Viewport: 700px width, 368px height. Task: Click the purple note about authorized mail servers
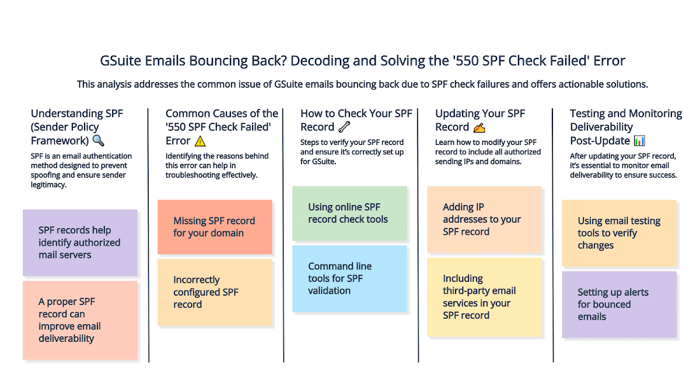pos(80,242)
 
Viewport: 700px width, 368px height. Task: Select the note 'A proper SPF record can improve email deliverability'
pos(80,320)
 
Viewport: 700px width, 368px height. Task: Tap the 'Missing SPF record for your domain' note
pos(215,227)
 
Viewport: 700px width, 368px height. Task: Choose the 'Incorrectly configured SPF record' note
pos(215,292)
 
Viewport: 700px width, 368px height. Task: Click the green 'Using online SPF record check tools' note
pos(349,213)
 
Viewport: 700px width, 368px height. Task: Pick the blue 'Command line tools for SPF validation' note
pos(349,278)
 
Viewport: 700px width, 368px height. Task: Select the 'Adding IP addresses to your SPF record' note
pos(484,219)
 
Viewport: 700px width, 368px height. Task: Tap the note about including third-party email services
pos(484,297)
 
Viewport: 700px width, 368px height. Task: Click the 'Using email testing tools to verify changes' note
pos(619,233)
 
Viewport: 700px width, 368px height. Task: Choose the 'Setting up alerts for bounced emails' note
pos(619,304)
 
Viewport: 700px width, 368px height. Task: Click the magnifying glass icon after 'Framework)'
pos(99,141)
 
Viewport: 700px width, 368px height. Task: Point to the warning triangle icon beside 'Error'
pos(200,141)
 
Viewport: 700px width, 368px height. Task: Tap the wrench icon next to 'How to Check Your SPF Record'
pos(344,127)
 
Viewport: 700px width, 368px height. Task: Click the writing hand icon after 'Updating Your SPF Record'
pos(479,127)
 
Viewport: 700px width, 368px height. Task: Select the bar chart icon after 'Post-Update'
pos(639,141)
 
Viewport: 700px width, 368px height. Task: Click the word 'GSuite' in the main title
pos(118,61)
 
